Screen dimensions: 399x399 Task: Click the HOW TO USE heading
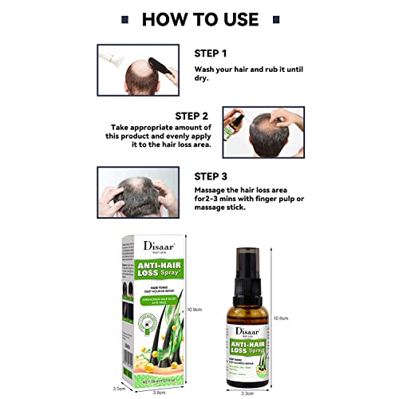199,18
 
